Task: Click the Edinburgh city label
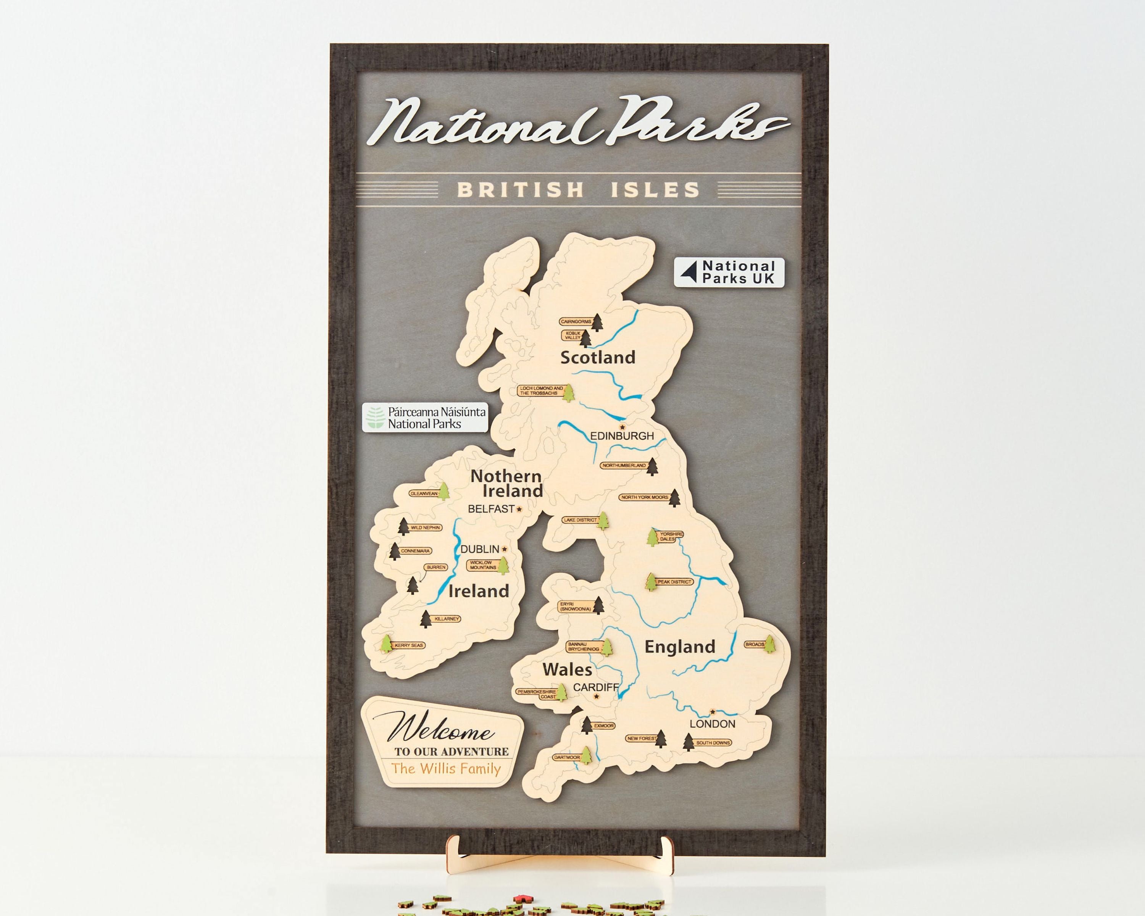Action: (x=622, y=436)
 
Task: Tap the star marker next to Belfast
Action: (x=519, y=509)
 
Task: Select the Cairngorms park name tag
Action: (x=576, y=322)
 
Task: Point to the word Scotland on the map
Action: (x=598, y=357)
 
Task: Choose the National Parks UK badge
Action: (x=729, y=273)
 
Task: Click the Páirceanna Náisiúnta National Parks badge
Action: (x=425, y=418)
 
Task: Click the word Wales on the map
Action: (x=567, y=669)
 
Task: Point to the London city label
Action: (x=712, y=724)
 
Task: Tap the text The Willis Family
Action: (x=446, y=769)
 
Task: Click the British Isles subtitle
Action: (x=578, y=190)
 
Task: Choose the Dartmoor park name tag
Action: (x=566, y=758)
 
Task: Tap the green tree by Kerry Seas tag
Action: (x=386, y=644)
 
